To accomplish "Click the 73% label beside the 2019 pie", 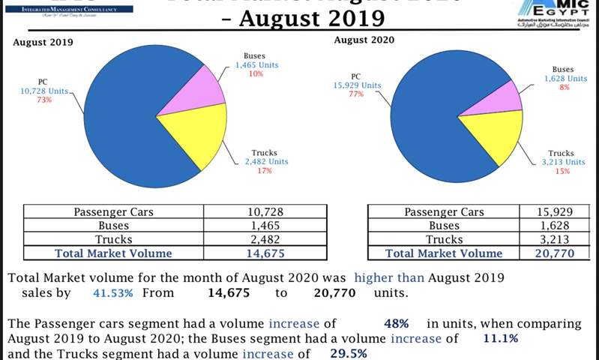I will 43,100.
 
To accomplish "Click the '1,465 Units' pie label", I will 256,65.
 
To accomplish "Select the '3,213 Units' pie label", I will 564,161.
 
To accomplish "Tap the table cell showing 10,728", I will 266,212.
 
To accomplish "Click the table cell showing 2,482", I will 266,240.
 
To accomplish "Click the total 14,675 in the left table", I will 266,254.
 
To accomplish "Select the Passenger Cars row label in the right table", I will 442,212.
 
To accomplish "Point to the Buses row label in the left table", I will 113,226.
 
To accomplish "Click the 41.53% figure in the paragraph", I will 112,293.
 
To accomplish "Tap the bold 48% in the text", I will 395,324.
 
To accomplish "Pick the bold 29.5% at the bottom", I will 349,353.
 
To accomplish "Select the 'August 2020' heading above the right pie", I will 364,39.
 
